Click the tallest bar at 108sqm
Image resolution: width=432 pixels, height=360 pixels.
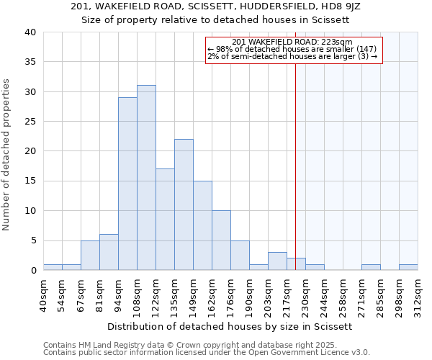pyautogui.click(x=146, y=178)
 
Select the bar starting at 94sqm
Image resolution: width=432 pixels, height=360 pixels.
pyautogui.click(x=127, y=184)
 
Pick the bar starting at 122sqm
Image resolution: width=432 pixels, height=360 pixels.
pyautogui.click(x=165, y=220)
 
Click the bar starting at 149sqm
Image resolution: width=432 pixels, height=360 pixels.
pyautogui.click(x=202, y=225)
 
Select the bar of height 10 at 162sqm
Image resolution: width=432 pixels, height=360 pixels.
pyautogui.click(x=221, y=240)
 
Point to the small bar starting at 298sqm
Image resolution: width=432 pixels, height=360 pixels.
pyautogui.click(x=408, y=267)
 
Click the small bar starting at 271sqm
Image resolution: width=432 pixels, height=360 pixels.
pyautogui.click(x=371, y=267)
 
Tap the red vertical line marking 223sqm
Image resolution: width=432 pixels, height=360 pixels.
pyautogui.click(x=295, y=166)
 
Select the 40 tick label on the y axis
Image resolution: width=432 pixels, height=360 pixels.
pyautogui.click(x=30, y=32)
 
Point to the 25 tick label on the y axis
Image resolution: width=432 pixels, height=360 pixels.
pyautogui.click(x=30, y=122)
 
